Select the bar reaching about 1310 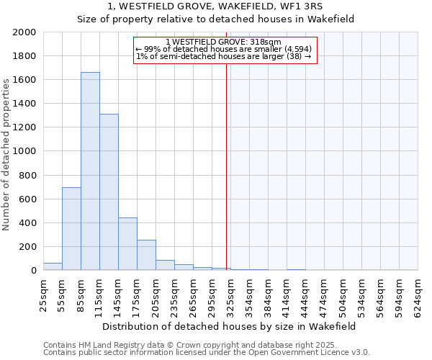[109, 192]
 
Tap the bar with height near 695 [71, 229]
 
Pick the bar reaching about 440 [127, 244]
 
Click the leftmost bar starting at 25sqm [53, 266]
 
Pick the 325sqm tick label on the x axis [230, 296]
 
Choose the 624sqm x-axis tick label [418, 296]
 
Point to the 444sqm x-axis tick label [305, 296]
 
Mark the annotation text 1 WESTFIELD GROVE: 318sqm [223, 42]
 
